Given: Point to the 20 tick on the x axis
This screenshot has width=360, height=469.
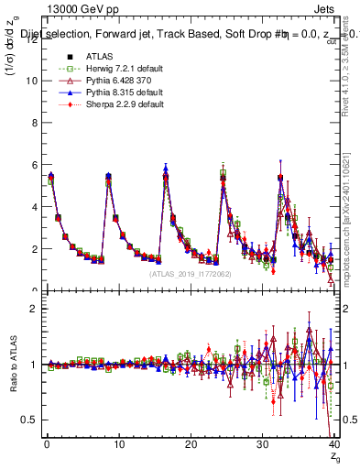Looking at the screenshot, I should point(191,445).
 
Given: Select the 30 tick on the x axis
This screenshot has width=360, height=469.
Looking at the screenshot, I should point(263,445).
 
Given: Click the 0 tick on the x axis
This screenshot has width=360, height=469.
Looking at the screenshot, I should point(47,445).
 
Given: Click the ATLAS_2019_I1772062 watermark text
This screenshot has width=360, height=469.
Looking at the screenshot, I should point(190,273).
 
